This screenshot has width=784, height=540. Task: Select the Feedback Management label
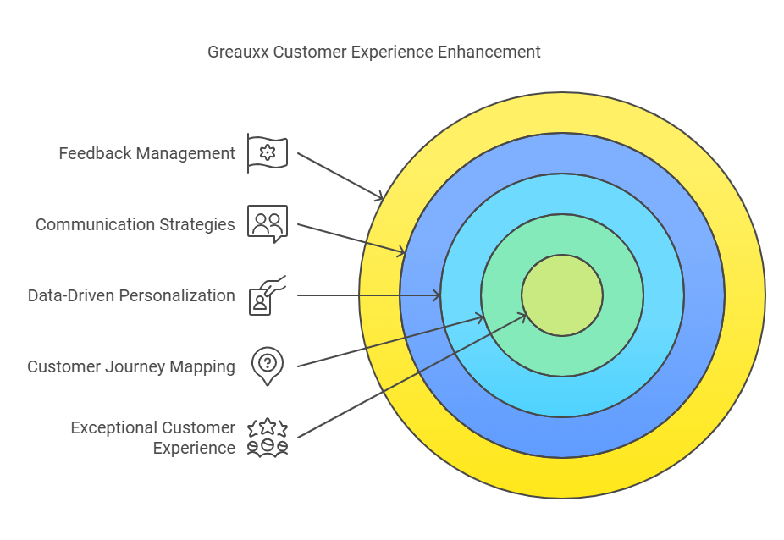(146, 153)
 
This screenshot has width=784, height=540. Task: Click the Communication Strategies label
(135, 224)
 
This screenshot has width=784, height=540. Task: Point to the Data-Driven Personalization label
(131, 295)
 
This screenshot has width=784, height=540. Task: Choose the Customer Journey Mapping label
(131, 366)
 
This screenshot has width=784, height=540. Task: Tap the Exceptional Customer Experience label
(152, 438)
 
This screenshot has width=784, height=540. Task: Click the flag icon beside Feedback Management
(268, 153)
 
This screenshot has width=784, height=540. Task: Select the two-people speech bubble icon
(268, 223)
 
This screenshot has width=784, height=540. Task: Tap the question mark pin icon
(268, 366)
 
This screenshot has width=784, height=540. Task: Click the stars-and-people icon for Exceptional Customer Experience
(268, 437)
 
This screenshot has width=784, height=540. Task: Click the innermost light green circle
(562, 295)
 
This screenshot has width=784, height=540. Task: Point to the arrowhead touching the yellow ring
(380, 197)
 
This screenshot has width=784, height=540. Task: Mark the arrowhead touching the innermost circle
(524, 316)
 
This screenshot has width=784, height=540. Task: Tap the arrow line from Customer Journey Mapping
(389, 341)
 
